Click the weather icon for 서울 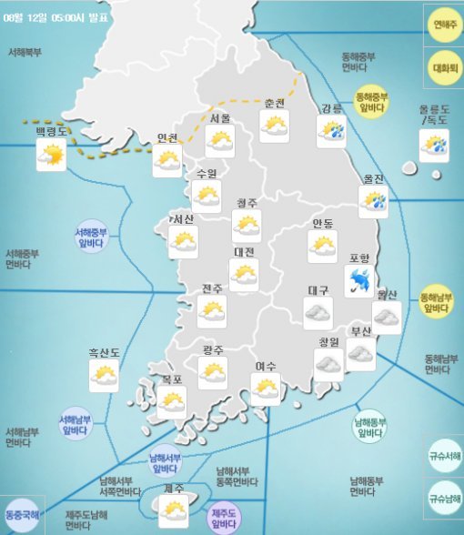[x=220, y=140]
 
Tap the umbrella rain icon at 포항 [x=359, y=280]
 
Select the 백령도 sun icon [x=50, y=156]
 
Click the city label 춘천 [x=275, y=103]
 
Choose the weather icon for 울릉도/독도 [x=434, y=145]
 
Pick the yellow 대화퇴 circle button [x=445, y=66]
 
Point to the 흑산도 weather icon [x=104, y=375]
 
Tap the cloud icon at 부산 [x=360, y=354]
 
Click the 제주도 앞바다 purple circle [x=225, y=517]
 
